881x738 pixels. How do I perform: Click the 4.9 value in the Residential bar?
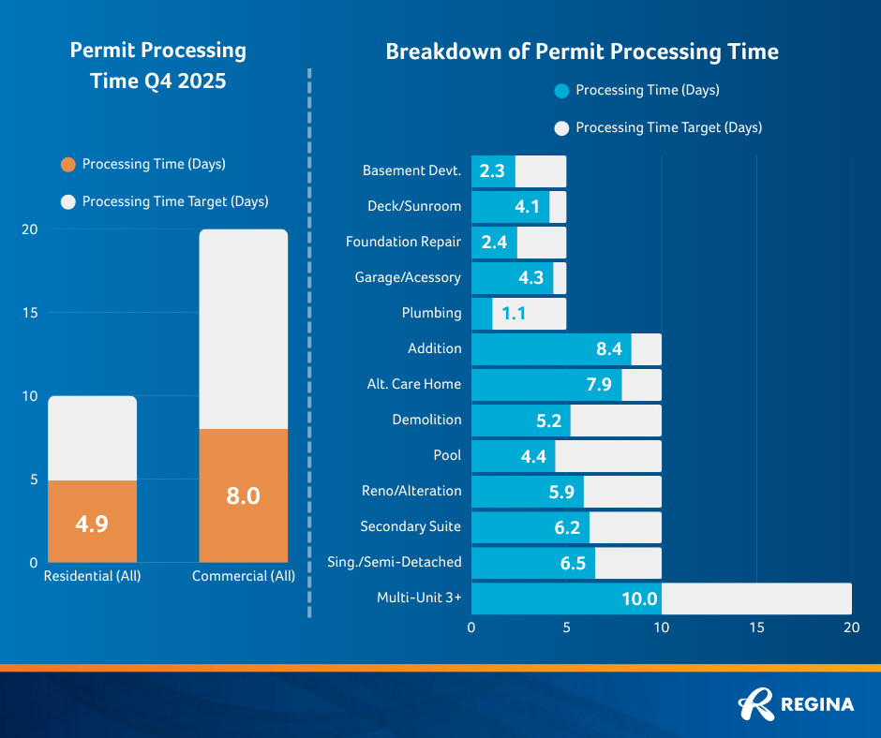coord(92,524)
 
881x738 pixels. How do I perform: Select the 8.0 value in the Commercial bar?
coord(243,495)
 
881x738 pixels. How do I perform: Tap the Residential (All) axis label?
coord(92,576)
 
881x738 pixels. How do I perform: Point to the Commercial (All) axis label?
coord(243,576)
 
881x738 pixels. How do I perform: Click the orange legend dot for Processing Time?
coord(67,165)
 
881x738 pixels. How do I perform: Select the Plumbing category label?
coord(431,313)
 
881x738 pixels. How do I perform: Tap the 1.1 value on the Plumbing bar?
coord(513,314)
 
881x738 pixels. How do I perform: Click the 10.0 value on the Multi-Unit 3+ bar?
coord(640,598)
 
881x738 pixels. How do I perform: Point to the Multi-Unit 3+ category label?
coord(419,598)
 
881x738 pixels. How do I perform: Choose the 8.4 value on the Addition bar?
coord(609,349)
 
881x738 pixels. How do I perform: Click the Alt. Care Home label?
coord(414,384)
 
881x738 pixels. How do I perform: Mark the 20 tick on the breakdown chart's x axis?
coord(851,627)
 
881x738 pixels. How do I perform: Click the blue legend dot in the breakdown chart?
coord(561,92)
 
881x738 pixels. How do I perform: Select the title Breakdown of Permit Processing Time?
coord(582,52)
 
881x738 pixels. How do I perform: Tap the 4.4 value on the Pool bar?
coord(532,456)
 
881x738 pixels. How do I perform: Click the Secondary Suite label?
coord(411,526)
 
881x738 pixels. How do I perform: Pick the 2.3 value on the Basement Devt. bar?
coord(492,171)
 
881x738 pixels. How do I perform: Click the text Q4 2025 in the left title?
coord(182,81)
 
